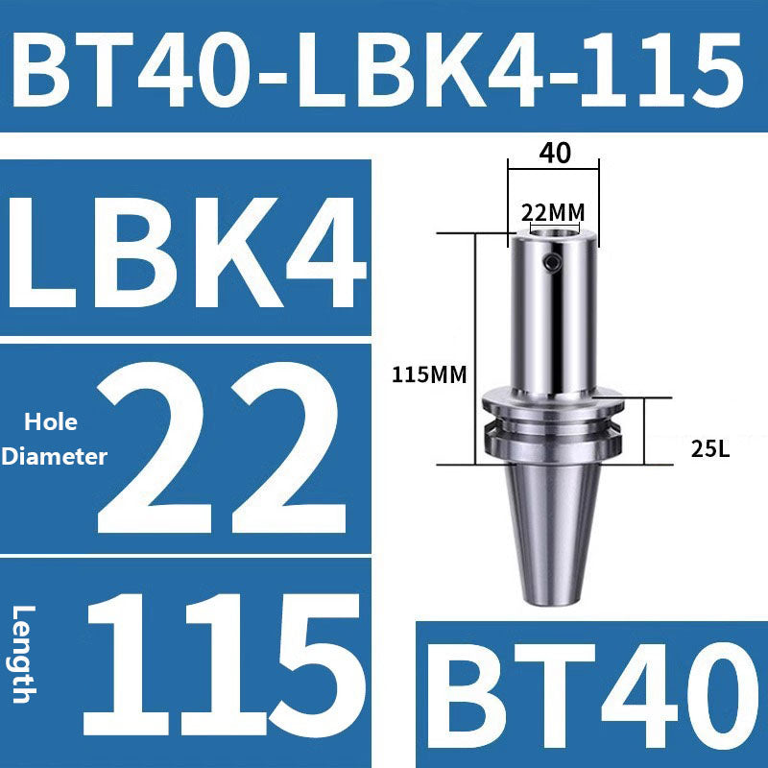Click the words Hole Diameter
pos(54,440)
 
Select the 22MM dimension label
pos(554,210)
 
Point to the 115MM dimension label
pos(428,375)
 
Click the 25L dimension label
pos(710,447)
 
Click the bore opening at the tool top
pos(554,231)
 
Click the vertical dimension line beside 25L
pos(646,432)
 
